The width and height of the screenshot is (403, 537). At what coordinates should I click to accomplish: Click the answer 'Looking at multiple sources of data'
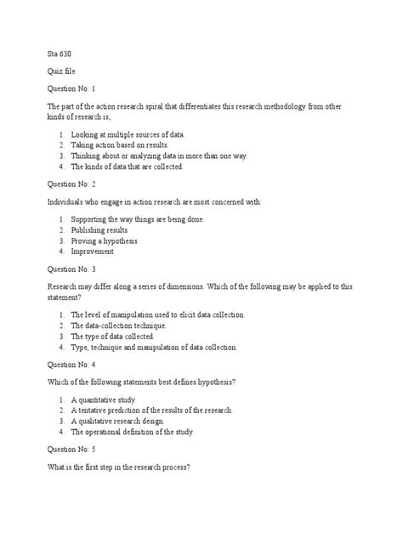tap(128, 135)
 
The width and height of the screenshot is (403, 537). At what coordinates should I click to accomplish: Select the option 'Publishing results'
tap(99, 230)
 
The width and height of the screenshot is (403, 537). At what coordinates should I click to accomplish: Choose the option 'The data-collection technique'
tap(118, 325)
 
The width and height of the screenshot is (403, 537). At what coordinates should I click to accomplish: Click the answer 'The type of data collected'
tap(112, 336)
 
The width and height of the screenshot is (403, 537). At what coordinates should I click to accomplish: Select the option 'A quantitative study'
tap(103, 399)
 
